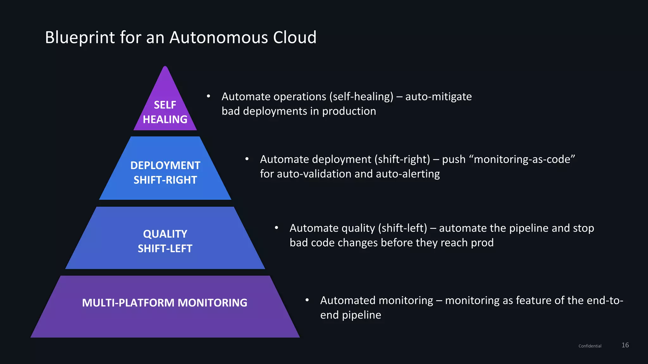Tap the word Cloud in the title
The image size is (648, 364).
[294, 38]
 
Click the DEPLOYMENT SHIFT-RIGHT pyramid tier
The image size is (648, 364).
[165, 172]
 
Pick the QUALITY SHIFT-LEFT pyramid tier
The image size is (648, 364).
[165, 241]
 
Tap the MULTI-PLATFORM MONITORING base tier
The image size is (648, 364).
[165, 303]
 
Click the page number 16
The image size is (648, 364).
[625, 345]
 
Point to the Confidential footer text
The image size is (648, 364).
[590, 346]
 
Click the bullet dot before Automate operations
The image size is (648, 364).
[208, 96]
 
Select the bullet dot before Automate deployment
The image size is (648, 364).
[247, 159]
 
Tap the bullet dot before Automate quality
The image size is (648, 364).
[276, 227]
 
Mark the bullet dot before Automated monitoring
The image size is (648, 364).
[307, 300]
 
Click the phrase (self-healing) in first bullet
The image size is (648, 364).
[361, 97]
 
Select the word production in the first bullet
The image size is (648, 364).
[349, 112]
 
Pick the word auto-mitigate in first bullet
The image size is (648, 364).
[438, 97]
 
